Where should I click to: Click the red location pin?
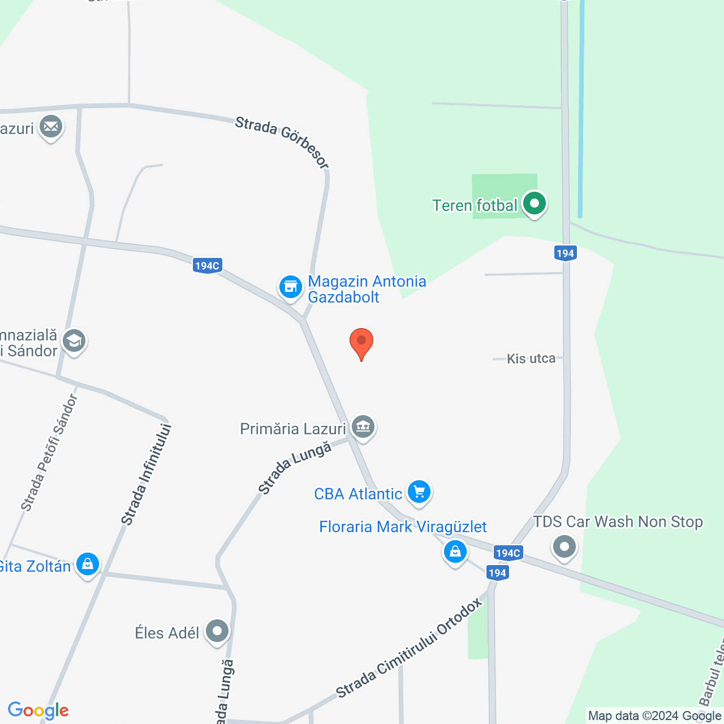coord(361,343)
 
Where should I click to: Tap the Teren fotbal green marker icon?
coord(534,204)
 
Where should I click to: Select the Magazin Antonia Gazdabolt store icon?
coord(291,287)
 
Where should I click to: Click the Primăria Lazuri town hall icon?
coord(363,427)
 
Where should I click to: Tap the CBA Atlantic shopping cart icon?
coord(419,492)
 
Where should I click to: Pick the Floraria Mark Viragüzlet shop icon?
coord(455,551)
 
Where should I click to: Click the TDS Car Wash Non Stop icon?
coord(564,546)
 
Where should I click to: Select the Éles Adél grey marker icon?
coord(217,631)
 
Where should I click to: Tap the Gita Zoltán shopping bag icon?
coord(88,564)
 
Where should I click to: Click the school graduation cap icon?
coord(74,341)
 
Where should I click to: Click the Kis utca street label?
coord(531,359)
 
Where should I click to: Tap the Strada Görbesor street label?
coord(282,142)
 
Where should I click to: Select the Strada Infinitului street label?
coord(146,474)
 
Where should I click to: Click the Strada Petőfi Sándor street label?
coord(49,453)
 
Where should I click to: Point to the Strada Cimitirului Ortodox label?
coord(410,648)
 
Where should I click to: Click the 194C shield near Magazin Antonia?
coord(207,265)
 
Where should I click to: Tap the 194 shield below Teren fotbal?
coord(565,253)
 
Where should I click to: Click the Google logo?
coord(38,710)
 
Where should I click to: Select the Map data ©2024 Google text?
coord(654,716)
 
